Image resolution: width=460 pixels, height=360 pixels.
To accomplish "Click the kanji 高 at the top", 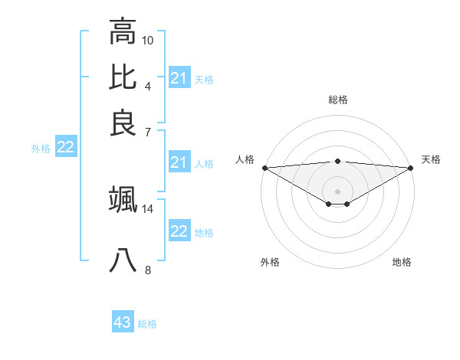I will pos(123,31).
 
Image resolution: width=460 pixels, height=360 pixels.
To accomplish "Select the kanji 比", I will pos(123,77).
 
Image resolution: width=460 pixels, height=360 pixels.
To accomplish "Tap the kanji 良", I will pos(123,123).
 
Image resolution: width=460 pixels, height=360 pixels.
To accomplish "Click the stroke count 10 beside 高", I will pos(148,40).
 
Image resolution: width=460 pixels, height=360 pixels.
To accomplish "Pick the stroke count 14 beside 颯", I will pos(148,208).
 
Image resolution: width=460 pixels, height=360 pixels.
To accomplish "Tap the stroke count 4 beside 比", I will pos(147,86).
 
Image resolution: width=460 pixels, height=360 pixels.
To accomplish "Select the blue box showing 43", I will pos(123,322).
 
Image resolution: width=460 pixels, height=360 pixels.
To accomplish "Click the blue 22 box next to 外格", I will pos(65,148).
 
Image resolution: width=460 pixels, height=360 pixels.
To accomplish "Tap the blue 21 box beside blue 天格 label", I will pos(179,78).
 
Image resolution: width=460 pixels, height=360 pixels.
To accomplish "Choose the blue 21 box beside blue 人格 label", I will pos(179,162).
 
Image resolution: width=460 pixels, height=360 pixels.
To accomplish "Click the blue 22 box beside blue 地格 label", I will pos(179,231).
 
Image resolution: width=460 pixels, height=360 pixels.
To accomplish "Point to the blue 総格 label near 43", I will pos(147,324).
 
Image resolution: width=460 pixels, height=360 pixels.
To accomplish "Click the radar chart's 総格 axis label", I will pos(338,100).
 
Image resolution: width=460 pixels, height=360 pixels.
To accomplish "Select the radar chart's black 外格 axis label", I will pos(270,263).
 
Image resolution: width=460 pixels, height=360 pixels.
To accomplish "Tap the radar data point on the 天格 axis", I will pos(411,167).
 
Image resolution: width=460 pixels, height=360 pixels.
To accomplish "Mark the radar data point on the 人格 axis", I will pos(264,167).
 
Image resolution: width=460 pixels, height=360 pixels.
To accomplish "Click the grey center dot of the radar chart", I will pos(338,191).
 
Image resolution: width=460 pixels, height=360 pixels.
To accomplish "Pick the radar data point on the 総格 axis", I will pos(338,161).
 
